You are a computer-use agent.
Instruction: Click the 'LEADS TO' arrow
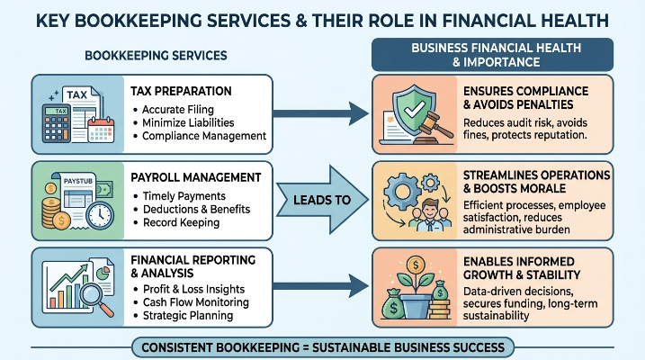pyautogui.click(x=322, y=200)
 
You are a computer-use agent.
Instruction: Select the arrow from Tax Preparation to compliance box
pyautogui.click(x=321, y=113)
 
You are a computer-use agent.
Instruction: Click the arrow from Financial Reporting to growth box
pyautogui.click(x=321, y=285)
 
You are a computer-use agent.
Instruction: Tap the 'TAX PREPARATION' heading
pyautogui.click(x=181, y=91)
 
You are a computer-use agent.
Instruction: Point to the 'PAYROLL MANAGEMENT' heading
pyautogui.click(x=196, y=177)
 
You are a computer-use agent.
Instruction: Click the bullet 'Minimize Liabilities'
pyautogui.click(x=188, y=122)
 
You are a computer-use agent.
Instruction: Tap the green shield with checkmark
pyautogui.click(x=414, y=110)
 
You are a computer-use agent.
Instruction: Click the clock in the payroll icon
pyautogui.click(x=100, y=215)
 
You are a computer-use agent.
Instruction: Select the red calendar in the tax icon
pyautogui.click(x=101, y=130)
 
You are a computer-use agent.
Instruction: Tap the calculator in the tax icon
pyautogui.click(x=57, y=123)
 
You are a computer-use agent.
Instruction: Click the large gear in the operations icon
pyautogui.click(x=402, y=192)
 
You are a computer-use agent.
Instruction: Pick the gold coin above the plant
pyautogui.click(x=416, y=264)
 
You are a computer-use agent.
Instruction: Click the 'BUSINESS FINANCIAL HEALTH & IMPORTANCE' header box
pyautogui.click(x=492, y=55)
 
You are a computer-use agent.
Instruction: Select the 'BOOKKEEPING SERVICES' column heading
pyautogui.click(x=156, y=56)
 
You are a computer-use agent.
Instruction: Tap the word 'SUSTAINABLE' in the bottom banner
pyautogui.click(x=353, y=347)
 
